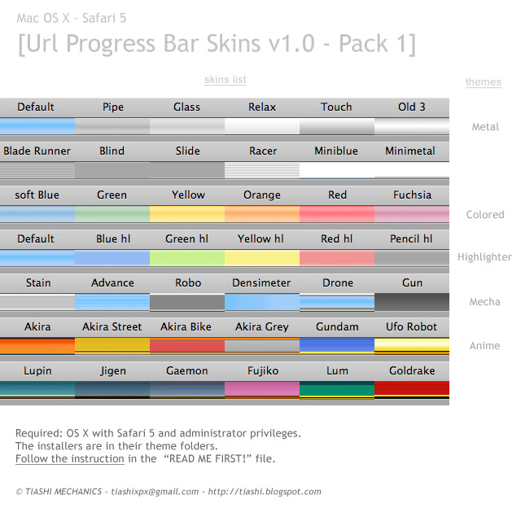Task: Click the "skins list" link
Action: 225,80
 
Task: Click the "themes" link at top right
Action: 483,82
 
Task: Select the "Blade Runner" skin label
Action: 37,151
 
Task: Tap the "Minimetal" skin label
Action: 410,151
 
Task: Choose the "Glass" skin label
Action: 186,107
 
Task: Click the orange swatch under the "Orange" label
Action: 262,213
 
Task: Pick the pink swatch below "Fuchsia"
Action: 412,213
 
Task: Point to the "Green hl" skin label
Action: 186,239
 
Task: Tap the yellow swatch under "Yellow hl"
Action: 262,257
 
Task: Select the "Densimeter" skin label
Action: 261,282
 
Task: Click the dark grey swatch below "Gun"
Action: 412,301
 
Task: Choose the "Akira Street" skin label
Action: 112,326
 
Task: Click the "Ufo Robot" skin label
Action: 411,326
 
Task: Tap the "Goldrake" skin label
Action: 412,370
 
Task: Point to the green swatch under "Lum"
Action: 337,389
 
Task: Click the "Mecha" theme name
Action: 484,302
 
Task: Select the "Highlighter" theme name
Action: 484,257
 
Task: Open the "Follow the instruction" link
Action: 69,459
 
